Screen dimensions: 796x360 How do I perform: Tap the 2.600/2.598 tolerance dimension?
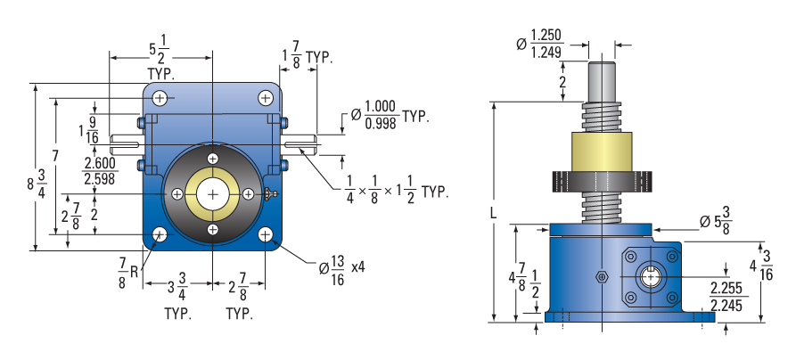coord(100,170)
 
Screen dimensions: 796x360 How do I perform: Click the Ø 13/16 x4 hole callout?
coord(341,270)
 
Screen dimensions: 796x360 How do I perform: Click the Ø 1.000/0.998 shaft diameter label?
coord(390,116)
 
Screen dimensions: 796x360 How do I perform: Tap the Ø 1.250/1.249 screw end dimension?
coord(538,45)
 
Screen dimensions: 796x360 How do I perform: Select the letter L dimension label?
coord(493,214)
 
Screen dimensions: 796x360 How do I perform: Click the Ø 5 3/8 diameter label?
coord(715,223)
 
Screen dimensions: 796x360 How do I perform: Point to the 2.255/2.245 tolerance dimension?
coord(728,297)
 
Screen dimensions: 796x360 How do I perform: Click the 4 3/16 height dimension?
coord(761,266)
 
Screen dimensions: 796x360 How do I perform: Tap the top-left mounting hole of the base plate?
coord(160,98)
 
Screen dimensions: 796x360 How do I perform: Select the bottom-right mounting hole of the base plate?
coord(266,234)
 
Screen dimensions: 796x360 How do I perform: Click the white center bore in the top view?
coord(213,194)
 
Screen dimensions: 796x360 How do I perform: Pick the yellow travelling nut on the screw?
coord(602,151)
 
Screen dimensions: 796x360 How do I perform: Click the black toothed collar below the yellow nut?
coord(602,181)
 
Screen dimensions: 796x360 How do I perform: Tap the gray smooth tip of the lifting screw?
coord(602,82)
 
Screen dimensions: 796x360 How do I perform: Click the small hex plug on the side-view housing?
coord(602,277)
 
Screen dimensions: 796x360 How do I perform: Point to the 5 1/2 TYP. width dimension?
coord(160,60)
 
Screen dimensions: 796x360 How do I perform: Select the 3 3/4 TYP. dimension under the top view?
coord(176,300)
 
